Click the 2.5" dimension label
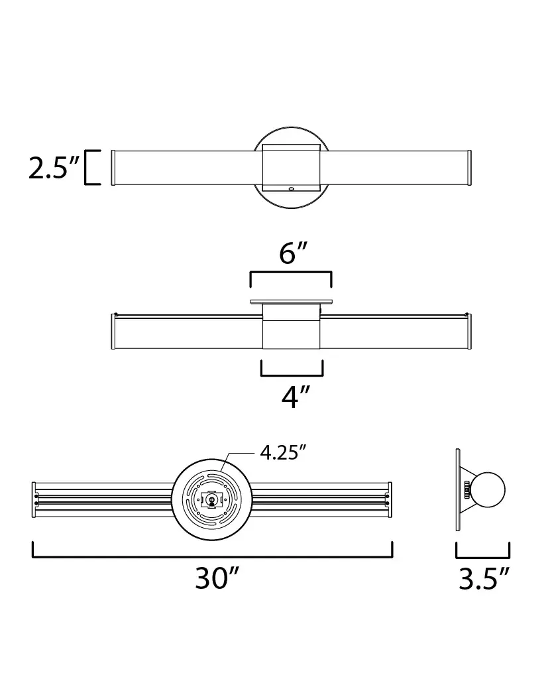click(x=54, y=168)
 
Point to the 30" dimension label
click(x=217, y=578)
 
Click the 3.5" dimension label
click(x=484, y=578)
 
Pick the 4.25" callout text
click(x=283, y=452)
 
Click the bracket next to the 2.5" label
click(x=91, y=168)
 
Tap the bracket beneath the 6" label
click(x=291, y=273)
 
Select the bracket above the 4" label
click(x=292, y=375)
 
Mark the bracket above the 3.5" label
click(x=483, y=556)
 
